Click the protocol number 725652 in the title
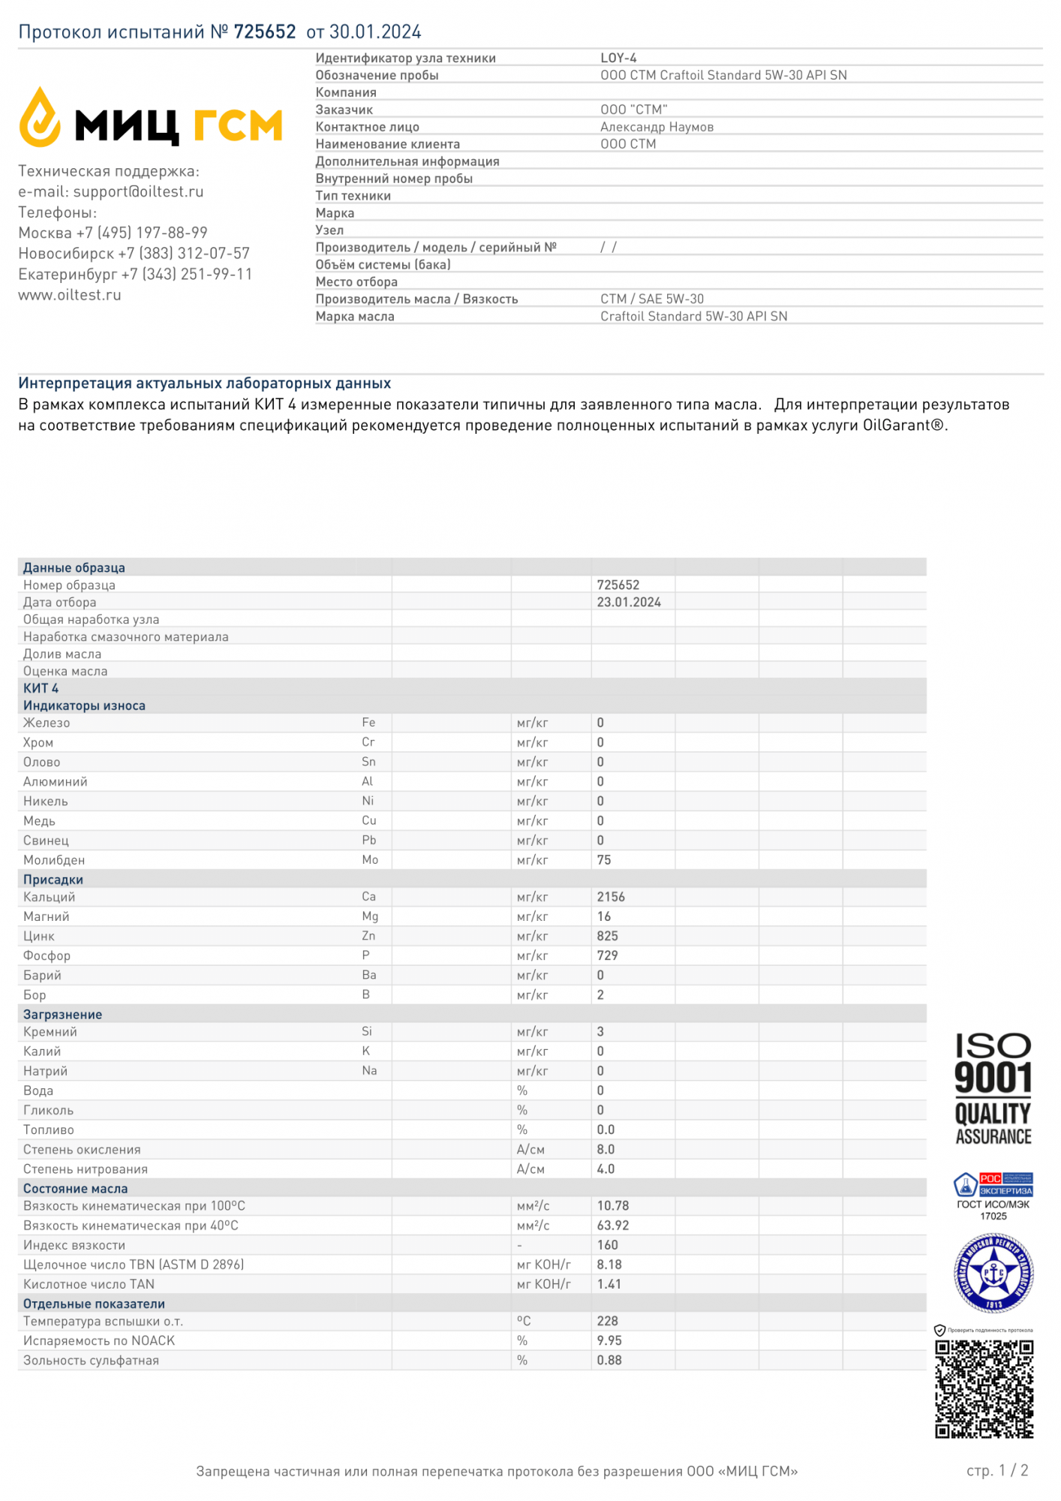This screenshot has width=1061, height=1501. click(265, 32)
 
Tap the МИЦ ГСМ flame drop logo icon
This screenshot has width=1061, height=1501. click(39, 117)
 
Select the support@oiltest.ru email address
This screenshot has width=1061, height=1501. click(138, 192)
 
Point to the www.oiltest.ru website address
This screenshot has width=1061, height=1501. click(70, 296)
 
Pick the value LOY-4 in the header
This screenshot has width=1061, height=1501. click(618, 59)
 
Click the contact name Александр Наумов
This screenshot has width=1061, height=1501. click(657, 128)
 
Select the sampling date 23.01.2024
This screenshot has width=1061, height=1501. click(629, 603)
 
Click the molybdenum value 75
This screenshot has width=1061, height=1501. click(604, 861)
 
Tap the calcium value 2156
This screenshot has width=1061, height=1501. click(611, 898)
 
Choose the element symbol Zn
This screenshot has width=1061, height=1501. click(368, 937)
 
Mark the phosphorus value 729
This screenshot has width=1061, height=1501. click(608, 956)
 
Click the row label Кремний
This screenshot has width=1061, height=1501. click(50, 1033)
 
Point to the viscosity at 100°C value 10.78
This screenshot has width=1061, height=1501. click(613, 1206)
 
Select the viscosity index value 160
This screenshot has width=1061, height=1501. click(608, 1245)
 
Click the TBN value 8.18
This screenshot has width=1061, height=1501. click(609, 1265)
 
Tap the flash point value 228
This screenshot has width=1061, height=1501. click(608, 1322)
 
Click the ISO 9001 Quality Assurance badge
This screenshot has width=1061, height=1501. click(993, 1090)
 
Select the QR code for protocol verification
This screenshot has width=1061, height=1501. click(984, 1389)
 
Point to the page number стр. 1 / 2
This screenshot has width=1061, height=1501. click(997, 1471)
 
